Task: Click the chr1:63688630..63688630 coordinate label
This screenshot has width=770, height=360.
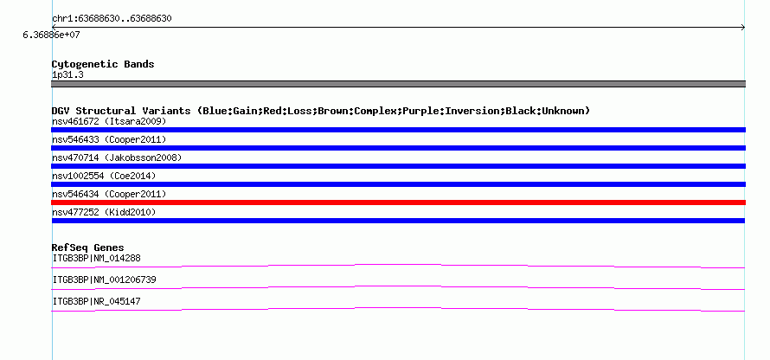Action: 112,19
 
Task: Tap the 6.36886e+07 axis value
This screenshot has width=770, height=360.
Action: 51,35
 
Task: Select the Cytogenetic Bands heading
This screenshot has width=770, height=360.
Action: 103,64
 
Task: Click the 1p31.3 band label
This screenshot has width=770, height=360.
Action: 67,74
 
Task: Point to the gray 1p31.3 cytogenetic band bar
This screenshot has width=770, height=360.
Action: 398,84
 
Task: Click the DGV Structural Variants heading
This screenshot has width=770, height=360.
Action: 321,111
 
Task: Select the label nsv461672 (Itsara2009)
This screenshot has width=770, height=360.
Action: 109,121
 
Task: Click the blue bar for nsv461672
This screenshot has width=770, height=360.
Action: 398,130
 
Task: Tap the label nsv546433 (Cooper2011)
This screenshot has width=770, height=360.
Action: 109,140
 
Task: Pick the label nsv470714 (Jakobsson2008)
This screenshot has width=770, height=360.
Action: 117,157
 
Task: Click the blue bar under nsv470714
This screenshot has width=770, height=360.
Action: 398,166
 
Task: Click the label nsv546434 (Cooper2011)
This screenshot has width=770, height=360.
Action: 109,194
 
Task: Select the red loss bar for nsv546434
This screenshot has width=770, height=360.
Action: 398,202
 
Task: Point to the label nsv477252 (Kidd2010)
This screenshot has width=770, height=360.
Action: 104,212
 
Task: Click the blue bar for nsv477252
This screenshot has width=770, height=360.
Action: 398,221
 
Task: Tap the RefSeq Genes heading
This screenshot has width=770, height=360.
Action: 88,247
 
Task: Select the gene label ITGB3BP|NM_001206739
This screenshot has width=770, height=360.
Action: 104,280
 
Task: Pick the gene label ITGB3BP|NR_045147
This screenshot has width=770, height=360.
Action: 96,301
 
